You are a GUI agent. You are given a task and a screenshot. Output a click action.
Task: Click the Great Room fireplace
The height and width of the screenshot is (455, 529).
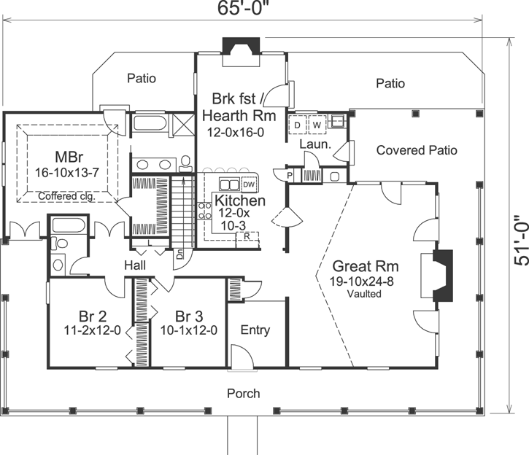pyautogui.click(x=443, y=276)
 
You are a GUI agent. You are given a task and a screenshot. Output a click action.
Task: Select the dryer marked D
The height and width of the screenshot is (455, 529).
pyautogui.click(x=298, y=125)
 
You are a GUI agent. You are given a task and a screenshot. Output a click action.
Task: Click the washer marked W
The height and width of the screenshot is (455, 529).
pyautogui.click(x=317, y=125)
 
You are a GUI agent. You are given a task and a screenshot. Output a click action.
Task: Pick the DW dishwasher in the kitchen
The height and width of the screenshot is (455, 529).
pyautogui.click(x=248, y=183)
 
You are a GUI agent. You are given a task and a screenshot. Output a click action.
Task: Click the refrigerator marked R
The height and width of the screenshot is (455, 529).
pyautogui.click(x=248, y=236)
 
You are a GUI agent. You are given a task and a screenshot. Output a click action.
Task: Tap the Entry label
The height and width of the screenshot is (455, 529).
pyautogui.click(x=255, y=330)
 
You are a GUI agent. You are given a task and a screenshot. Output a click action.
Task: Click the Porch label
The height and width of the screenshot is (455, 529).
pyautogui.click(x=243, y=393)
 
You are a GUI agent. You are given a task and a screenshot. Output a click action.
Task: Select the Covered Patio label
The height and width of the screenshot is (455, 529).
pyautogui.click(x=417, y=150)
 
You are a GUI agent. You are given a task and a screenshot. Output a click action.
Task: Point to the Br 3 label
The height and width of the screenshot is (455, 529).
pyautogui.click(x=188, y=316)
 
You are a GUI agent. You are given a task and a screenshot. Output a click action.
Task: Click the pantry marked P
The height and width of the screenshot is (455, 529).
pyautogui.click(x=290, y=176)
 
